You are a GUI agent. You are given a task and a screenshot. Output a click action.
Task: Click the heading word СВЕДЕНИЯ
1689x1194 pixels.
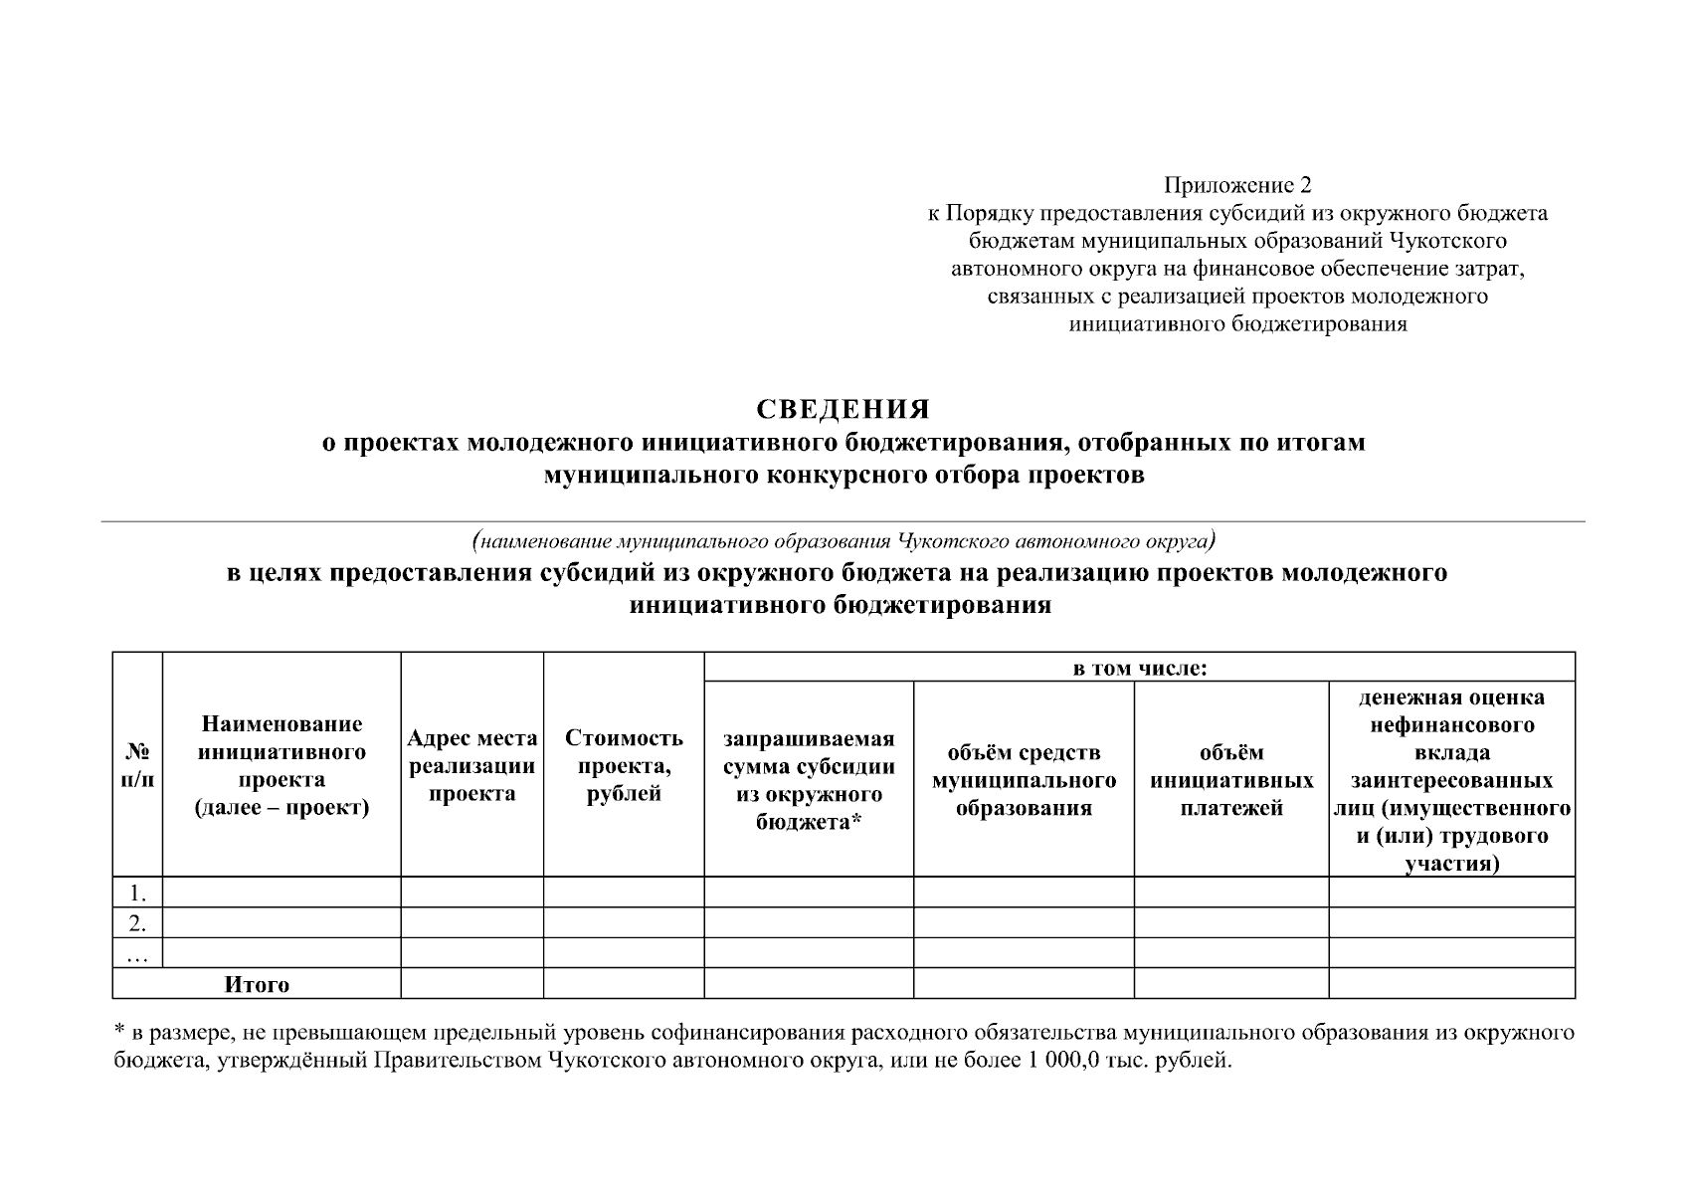pyautogui.click(x=843, y=410)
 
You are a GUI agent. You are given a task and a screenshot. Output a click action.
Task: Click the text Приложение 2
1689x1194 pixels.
pyautogui.click(x=1237, y=185)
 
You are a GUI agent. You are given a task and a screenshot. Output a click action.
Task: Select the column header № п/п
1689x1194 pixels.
pyautogui.click(x=137, y=765)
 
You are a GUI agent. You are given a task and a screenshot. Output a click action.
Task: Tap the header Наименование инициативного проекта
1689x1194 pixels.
pyautogui.click(x=281, y=765)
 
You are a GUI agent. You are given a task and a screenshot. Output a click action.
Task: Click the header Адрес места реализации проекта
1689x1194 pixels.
pyautogui.click(x=472, y=765)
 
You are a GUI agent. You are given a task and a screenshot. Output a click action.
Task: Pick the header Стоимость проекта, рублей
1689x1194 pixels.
pyautogui.click(x=624, y=765)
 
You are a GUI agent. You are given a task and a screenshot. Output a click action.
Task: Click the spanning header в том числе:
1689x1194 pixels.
pyautogui.click(x=1139, y=668)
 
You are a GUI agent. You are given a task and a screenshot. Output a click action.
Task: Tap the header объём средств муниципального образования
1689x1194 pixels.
pyautogui.click(x=1024, y=780)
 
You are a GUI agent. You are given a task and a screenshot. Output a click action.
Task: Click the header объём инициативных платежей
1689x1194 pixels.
pyautogui.click(x=1231, y=780)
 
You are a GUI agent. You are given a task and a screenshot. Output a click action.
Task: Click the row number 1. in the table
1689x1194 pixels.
pyautogui.click(x=137, y=894)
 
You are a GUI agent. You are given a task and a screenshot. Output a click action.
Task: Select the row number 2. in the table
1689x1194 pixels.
pyautogui.click(x=137, y=923)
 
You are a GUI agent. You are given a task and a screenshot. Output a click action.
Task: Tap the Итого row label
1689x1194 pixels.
pyautogui.click(x=257, y=985)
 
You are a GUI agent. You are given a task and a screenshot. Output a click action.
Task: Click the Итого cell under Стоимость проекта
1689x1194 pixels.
pyautogui.click(x=624, y=984)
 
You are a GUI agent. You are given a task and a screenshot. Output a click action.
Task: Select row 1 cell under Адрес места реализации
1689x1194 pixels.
pyautogui.click(x=472, y=893)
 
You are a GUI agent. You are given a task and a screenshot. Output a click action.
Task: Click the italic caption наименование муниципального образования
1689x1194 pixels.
pyautogui.click(x=843, y=542)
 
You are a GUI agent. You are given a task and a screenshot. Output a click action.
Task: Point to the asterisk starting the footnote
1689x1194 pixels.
pyautogui.click(x=117, y=1032)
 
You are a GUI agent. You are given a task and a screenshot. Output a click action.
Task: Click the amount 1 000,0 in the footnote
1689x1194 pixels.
pyautogui.click(x=1057, y=1061)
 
